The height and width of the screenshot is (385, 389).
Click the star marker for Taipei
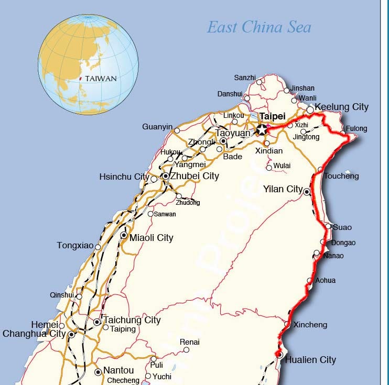tap(262, 129)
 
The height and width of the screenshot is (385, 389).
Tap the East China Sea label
tap(259, 27)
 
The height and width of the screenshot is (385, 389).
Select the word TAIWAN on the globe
tap(101, 79)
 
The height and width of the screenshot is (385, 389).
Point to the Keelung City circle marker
tap(310, 110)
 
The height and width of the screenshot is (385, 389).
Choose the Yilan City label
tap(283, 189)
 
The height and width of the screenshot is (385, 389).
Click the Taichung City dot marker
tap(97, 322)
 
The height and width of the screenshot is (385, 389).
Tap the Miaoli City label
tap(151, 238)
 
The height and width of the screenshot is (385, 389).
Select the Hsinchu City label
tap(124, 177)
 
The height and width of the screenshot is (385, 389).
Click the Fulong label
tap(356, 128)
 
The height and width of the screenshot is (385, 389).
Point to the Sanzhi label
tap(245, 78)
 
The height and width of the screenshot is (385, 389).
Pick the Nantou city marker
tap(98, 372)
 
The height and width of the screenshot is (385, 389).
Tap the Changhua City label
tap(35, 334)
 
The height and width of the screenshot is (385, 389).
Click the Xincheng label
tap(310, 325)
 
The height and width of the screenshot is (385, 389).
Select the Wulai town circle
tap(269, 168)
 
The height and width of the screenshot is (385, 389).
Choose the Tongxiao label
tap(75, 246)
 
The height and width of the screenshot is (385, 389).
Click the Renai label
tap(189, 342)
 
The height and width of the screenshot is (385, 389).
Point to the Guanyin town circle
tap(177, 130)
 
